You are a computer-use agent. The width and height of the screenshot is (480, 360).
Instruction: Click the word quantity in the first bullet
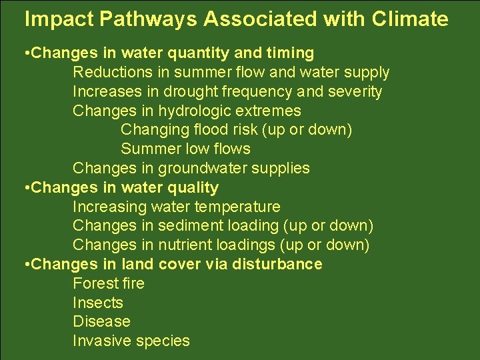click(x=215, y=53)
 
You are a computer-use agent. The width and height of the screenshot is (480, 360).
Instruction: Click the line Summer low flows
click(x=185, y=149)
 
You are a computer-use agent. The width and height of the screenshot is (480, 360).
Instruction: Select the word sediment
click(x=189, y=226)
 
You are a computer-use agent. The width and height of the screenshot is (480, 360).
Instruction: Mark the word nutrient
click(x=186, y=245)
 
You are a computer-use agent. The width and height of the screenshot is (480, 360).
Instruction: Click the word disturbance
click(x=277, y=264)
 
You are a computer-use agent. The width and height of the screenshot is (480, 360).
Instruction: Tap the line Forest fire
click(x=108, y=283)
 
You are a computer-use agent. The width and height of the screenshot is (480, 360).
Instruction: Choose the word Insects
click(x=98, y=303)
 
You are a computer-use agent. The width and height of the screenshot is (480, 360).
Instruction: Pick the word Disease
click(x=101, y=321)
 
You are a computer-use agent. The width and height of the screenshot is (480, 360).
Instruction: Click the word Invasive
click(x=101, y=341)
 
